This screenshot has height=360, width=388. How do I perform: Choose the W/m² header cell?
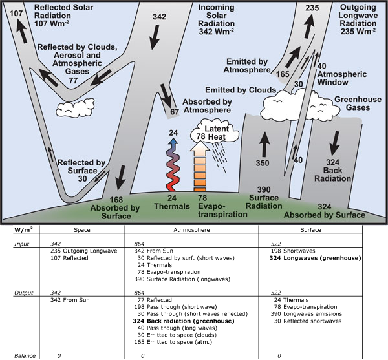click(24, 228)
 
